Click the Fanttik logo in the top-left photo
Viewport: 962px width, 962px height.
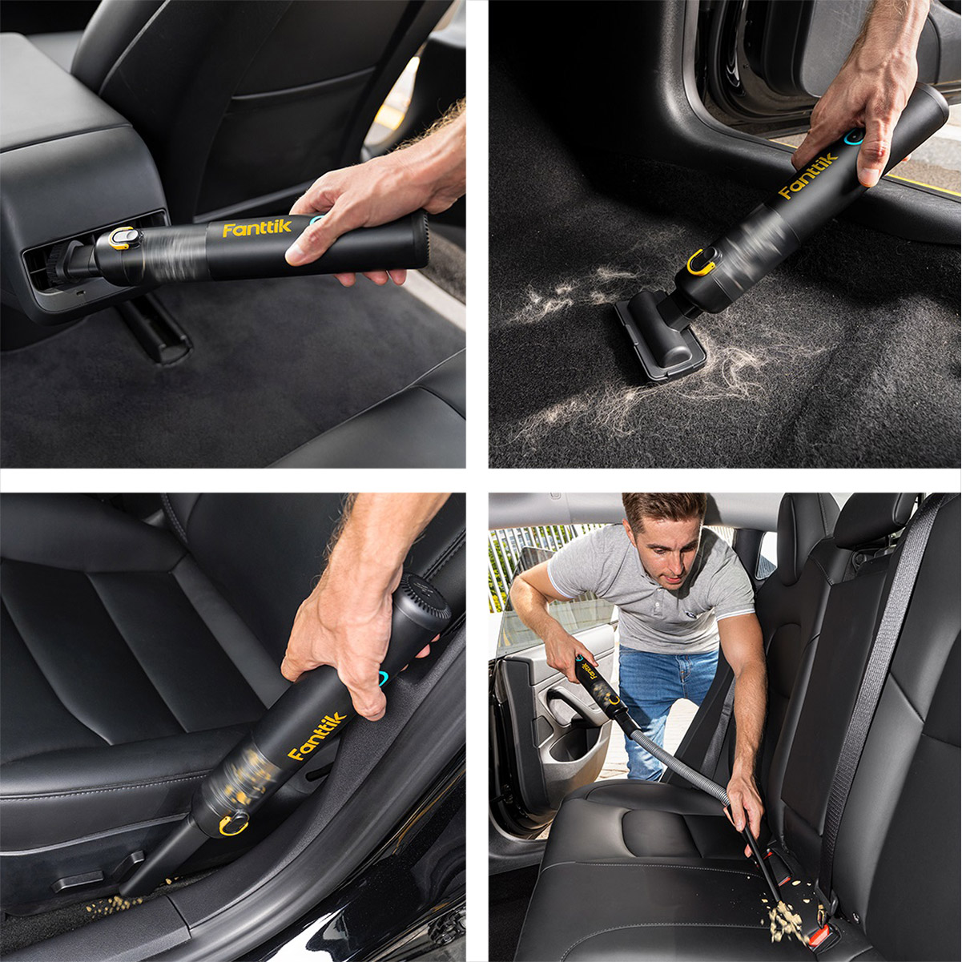tap(256, 228)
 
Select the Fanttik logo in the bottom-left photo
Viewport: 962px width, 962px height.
tap(317, 736)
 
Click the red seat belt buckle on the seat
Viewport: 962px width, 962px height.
tap(823, 920)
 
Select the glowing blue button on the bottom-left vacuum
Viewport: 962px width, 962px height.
tap(384, 679)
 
